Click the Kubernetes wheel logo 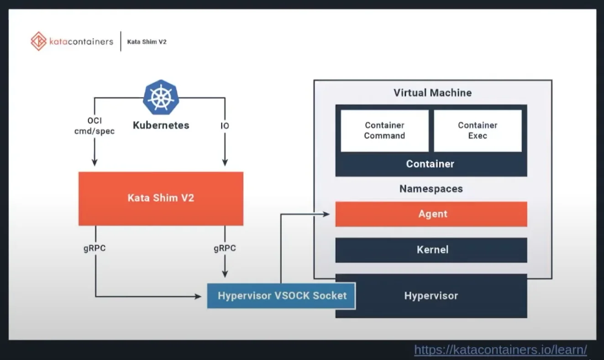pyautogui.click(x=161, y=97)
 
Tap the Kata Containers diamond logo pyautogui.click(x=39, y=41)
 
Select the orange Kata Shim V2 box pyautogui.click(x=161, y=198)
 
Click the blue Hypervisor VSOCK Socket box pyautogui.click(x=281, y=296)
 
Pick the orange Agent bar pyautogui.click(x=431, y=214)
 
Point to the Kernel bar pyautogui.click(x=431, y=249)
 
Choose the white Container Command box pyautogui.click(x=384, y=130)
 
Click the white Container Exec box pyautogui.click(x=478, y=130)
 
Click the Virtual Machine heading pyautogui.click(x=432, y=93)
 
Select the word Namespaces pyautogui.click(x=431, y=189)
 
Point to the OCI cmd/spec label pyautogui.click(x=95, y=126)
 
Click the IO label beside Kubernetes pyautogui.click(x=225, y=126)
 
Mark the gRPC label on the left pyautogui.click(x=95, y=249)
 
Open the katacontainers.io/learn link pyautogui.click(x=500, y=350)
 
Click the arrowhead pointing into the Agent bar pyautogui.click(x=326, y=214)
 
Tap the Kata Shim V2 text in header pyautogui.click(x=147, y=42)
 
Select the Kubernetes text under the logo pyautogui.click(x=161, y=125)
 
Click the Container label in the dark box pyautogui.click(x=430, y=164)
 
